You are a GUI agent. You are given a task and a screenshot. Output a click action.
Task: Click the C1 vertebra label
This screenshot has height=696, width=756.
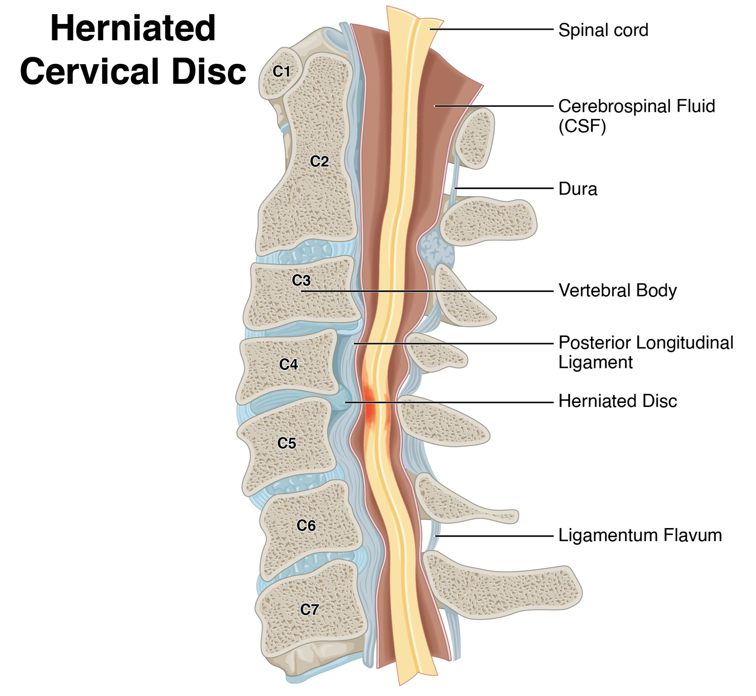coord(281,71)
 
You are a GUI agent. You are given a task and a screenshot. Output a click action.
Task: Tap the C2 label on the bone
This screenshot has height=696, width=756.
coord(319,161)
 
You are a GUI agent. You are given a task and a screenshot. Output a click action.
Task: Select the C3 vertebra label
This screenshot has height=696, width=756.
coord(301,280)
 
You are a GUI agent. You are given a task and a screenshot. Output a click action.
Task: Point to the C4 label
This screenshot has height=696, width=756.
coord(288,364)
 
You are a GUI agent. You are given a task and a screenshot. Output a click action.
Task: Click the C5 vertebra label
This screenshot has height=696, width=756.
coord(286,443)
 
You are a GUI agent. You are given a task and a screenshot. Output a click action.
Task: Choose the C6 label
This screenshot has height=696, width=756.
coord(306,526)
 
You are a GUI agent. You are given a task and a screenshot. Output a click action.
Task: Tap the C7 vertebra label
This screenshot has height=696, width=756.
coord(309,609)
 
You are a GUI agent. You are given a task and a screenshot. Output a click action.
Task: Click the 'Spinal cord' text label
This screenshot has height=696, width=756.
coord(603,30)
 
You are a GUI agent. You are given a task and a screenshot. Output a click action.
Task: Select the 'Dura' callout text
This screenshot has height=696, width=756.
coord(577,189)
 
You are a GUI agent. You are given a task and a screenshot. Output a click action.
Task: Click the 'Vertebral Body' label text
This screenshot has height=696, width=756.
coord(617,290)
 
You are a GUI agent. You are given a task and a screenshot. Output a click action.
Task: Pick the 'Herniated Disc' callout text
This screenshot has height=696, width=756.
coord(617,401)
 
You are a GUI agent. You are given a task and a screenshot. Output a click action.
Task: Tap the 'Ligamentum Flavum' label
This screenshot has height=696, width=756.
coord(640,535)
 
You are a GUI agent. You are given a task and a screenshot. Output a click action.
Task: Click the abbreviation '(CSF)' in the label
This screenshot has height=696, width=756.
coord(582,126)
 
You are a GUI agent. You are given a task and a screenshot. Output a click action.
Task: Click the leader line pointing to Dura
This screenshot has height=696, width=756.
coord(505,188)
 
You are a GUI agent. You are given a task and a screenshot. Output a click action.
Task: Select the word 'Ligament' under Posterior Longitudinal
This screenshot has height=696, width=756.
coord(595,362)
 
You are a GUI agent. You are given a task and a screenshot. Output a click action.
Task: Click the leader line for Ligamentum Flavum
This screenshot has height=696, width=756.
coord(494,536)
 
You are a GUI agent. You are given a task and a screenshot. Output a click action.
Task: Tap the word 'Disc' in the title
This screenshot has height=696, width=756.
coord(209,72)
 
